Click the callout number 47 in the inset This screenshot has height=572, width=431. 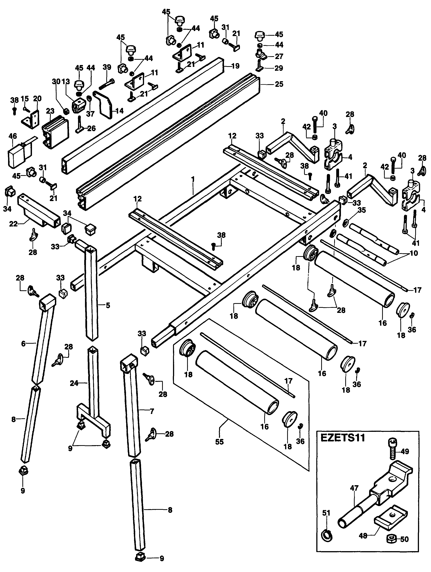pyautogui.click(x=354, y=488)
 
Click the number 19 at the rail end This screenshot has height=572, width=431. pyautogui.click(x=235, y=66)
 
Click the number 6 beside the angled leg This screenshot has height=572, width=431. pyautogui.click(x=24, y=344)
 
